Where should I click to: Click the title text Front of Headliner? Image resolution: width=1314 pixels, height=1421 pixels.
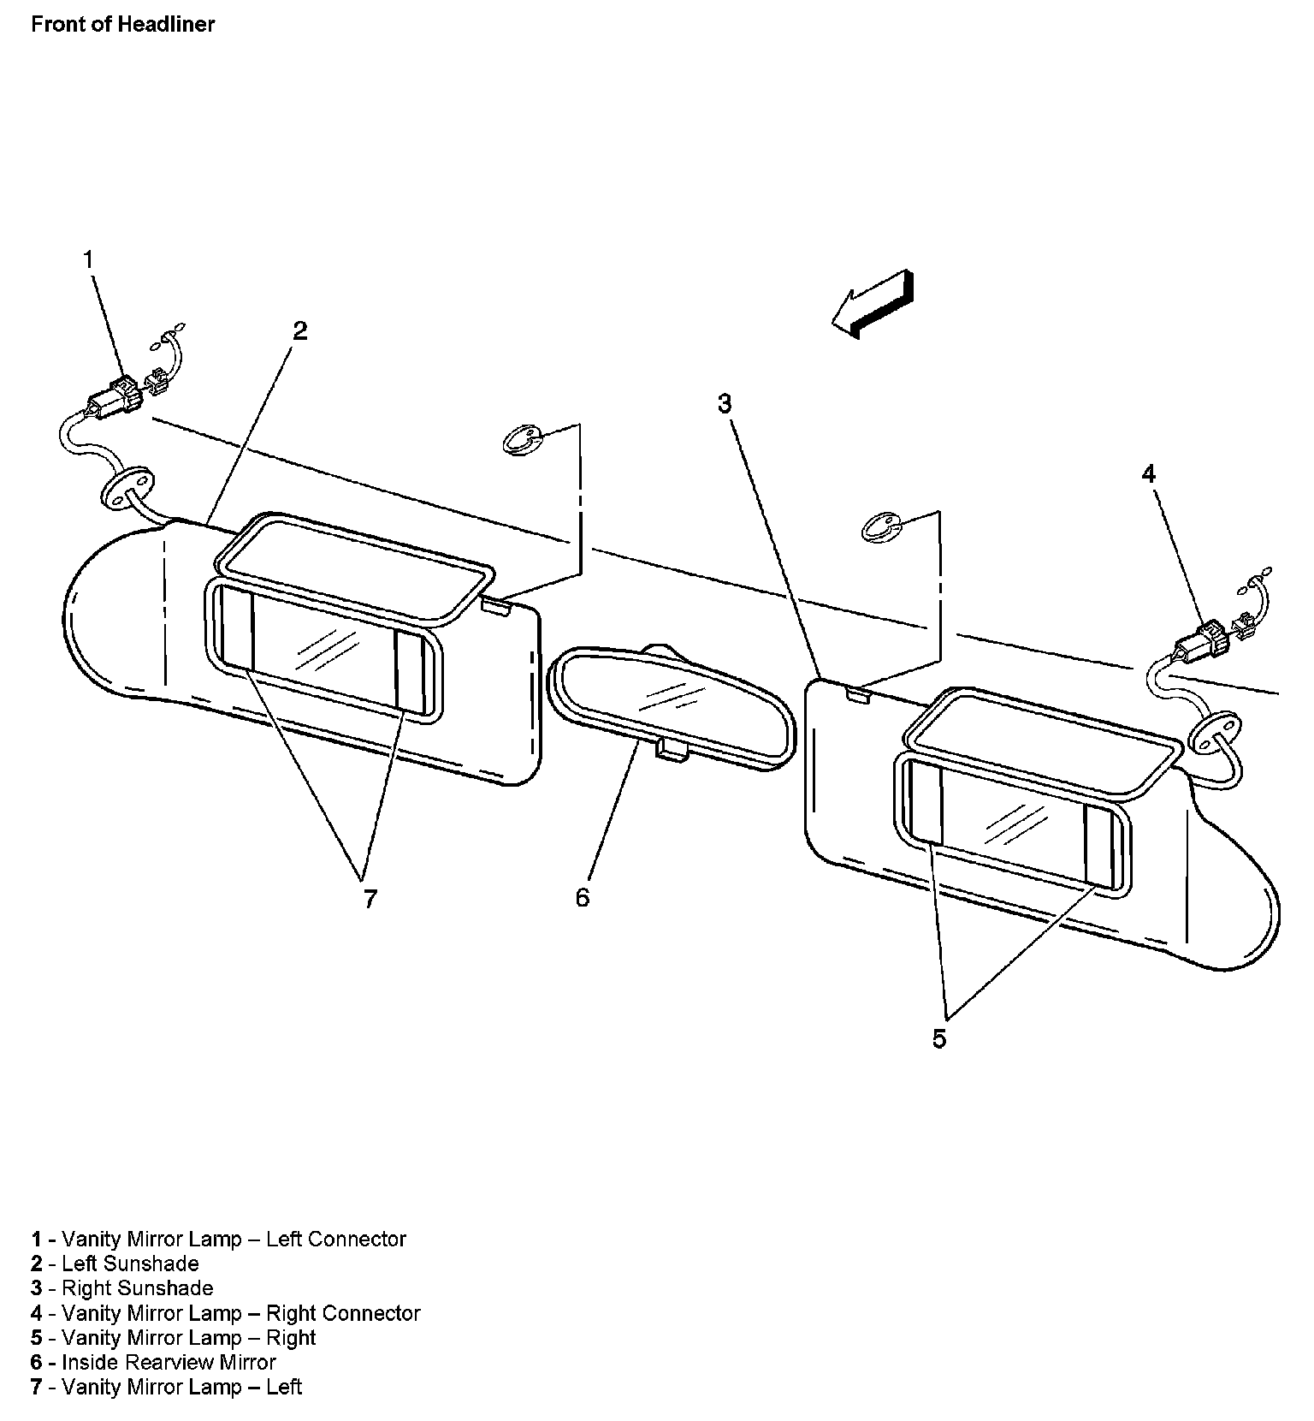click(122, 24)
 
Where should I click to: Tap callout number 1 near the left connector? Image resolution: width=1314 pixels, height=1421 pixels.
click(88, 259)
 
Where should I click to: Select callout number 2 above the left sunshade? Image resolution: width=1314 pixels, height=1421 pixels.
click(299, 331)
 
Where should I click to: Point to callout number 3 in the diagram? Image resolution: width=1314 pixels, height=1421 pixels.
click(725, 403)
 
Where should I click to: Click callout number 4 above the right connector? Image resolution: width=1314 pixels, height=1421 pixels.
click(1149, 473)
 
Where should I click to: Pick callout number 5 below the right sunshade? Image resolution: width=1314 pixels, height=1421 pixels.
click(939, 1038)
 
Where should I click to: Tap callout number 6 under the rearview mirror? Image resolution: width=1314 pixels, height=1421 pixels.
click(583, 897)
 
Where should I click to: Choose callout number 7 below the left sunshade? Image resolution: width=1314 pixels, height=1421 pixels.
click(370, 899)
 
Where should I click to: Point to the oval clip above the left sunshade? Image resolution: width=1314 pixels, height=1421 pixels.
click(521, 440)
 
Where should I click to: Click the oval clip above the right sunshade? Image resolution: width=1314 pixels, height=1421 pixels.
click(879, 527)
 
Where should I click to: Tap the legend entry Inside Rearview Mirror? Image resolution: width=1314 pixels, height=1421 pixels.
click(154, 1362)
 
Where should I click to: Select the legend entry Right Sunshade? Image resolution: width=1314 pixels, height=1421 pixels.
click(122, 1288)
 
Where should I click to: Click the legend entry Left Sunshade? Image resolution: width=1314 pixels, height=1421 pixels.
click(115, 1263)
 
